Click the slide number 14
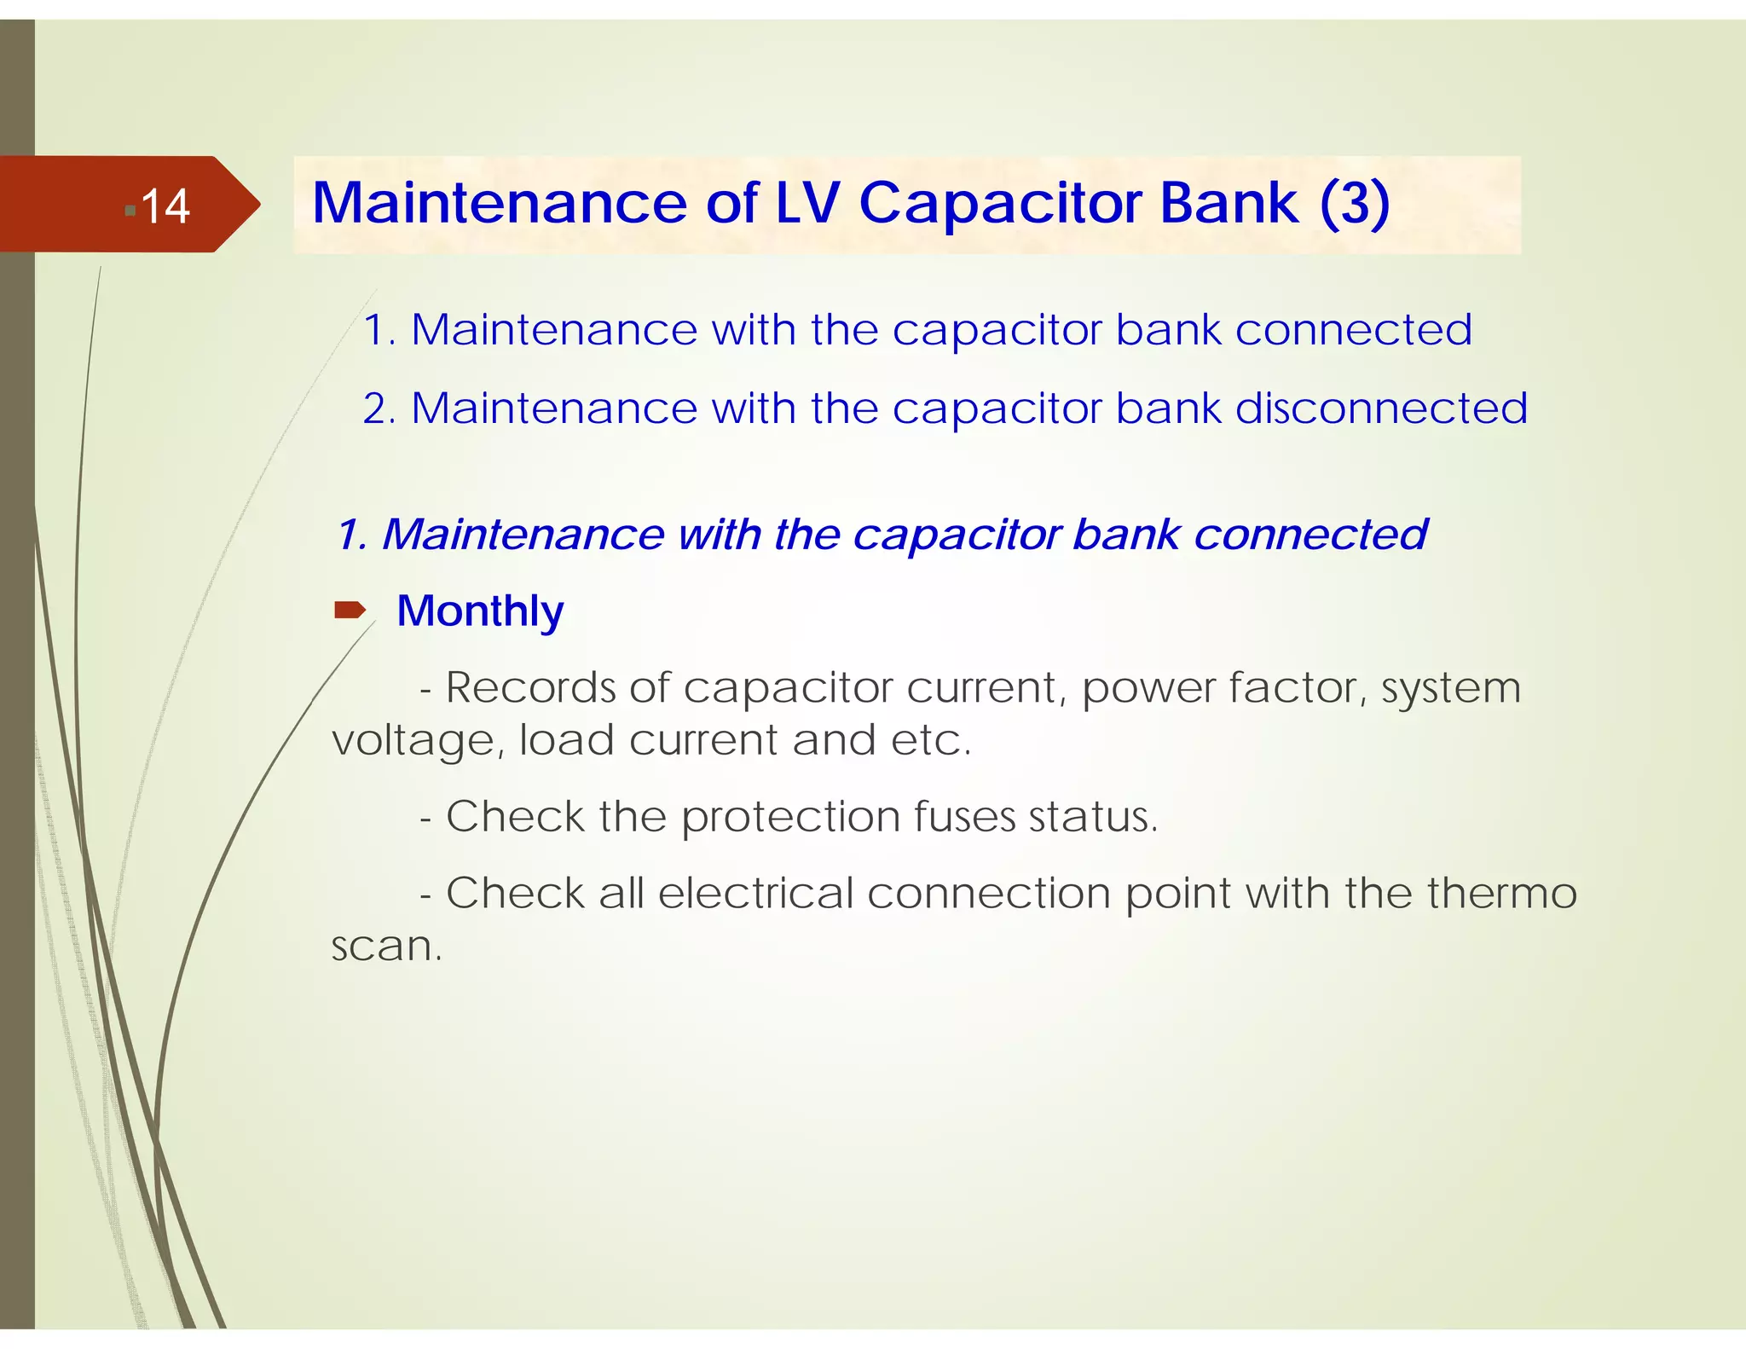coord(165,206)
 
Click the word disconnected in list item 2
coord(1380,408)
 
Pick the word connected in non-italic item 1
coord(1353,329)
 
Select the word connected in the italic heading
coord(1309,535)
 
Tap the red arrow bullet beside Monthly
coord(350,610)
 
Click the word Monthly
coord(480,611)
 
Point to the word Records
coord(530,687)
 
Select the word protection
coord(790,817)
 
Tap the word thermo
coord(1501,894)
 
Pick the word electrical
coord(755,894)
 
